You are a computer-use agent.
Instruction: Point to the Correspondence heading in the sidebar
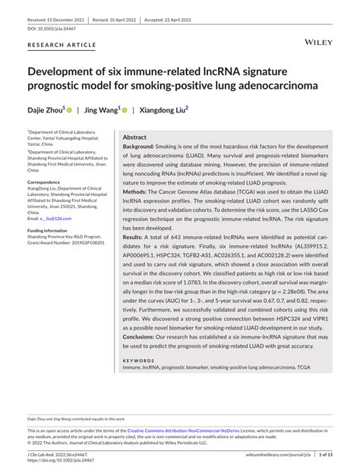coord(49,183)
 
